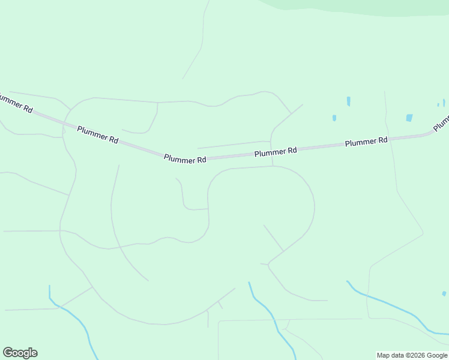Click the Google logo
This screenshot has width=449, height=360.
click(20, 353)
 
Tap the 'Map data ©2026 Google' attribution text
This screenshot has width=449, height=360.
click(412, 355)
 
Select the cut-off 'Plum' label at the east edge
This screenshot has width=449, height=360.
click(441, 123)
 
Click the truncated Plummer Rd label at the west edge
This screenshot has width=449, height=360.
click(15, 103)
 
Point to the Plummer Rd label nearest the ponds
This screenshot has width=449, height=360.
click(366, 142)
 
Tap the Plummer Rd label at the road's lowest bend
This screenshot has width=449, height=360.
click(185, 159)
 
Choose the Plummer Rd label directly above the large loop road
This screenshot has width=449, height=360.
click(276, 152)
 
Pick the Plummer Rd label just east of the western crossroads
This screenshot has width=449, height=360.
click(98, 134)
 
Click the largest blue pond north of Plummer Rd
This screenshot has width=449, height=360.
click(409, 118)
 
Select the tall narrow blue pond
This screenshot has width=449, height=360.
click(348, 101)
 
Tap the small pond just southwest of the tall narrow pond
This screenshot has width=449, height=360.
click(334, 118)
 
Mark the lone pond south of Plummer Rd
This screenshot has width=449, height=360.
click(444, 293)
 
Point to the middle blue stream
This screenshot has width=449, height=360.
click(270, 318)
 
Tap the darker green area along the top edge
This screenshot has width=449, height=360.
click(360, 6)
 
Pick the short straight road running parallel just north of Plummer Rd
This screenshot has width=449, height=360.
click(234, 144)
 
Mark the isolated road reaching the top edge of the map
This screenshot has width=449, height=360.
click(203, 36)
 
